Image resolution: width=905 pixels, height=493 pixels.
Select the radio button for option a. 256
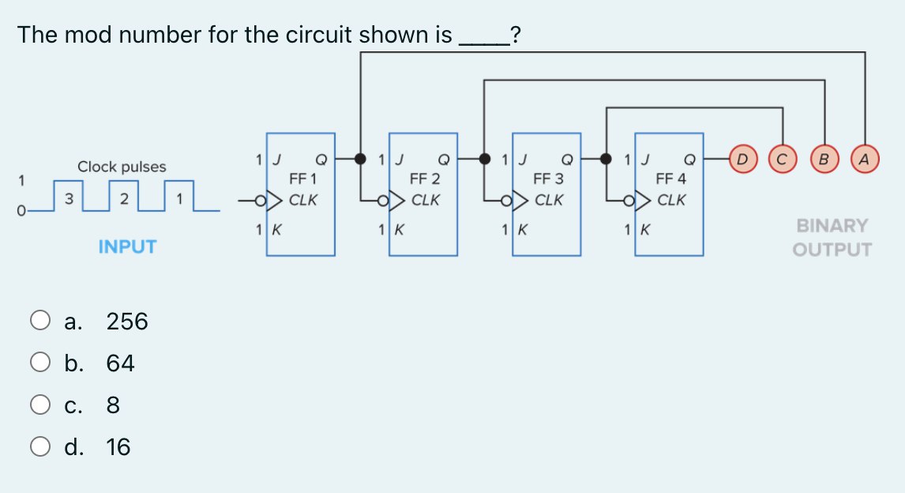(40, 322)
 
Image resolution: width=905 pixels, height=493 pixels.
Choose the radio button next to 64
(40, 363)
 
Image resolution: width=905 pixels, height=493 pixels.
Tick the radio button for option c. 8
(40, 405)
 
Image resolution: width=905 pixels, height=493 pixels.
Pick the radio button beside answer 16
(40, 447)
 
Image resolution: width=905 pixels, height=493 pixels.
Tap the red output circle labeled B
(824, 159)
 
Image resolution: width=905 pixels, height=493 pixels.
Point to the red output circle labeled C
(783, 159)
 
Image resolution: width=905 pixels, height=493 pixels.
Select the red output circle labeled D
(742, 159)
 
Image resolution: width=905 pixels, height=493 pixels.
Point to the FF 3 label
(548, 179)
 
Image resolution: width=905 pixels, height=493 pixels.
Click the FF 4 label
(670, 179)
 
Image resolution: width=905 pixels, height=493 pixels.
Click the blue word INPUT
(127, 247)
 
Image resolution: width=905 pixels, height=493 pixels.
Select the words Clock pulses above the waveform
(122, 167)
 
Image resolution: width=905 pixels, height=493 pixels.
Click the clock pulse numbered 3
(69, 198)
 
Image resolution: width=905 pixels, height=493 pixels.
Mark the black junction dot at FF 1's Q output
(361, 159)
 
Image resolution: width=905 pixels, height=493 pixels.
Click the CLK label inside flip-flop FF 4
(671, 200)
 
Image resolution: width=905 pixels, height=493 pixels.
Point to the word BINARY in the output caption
(832, 226)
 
